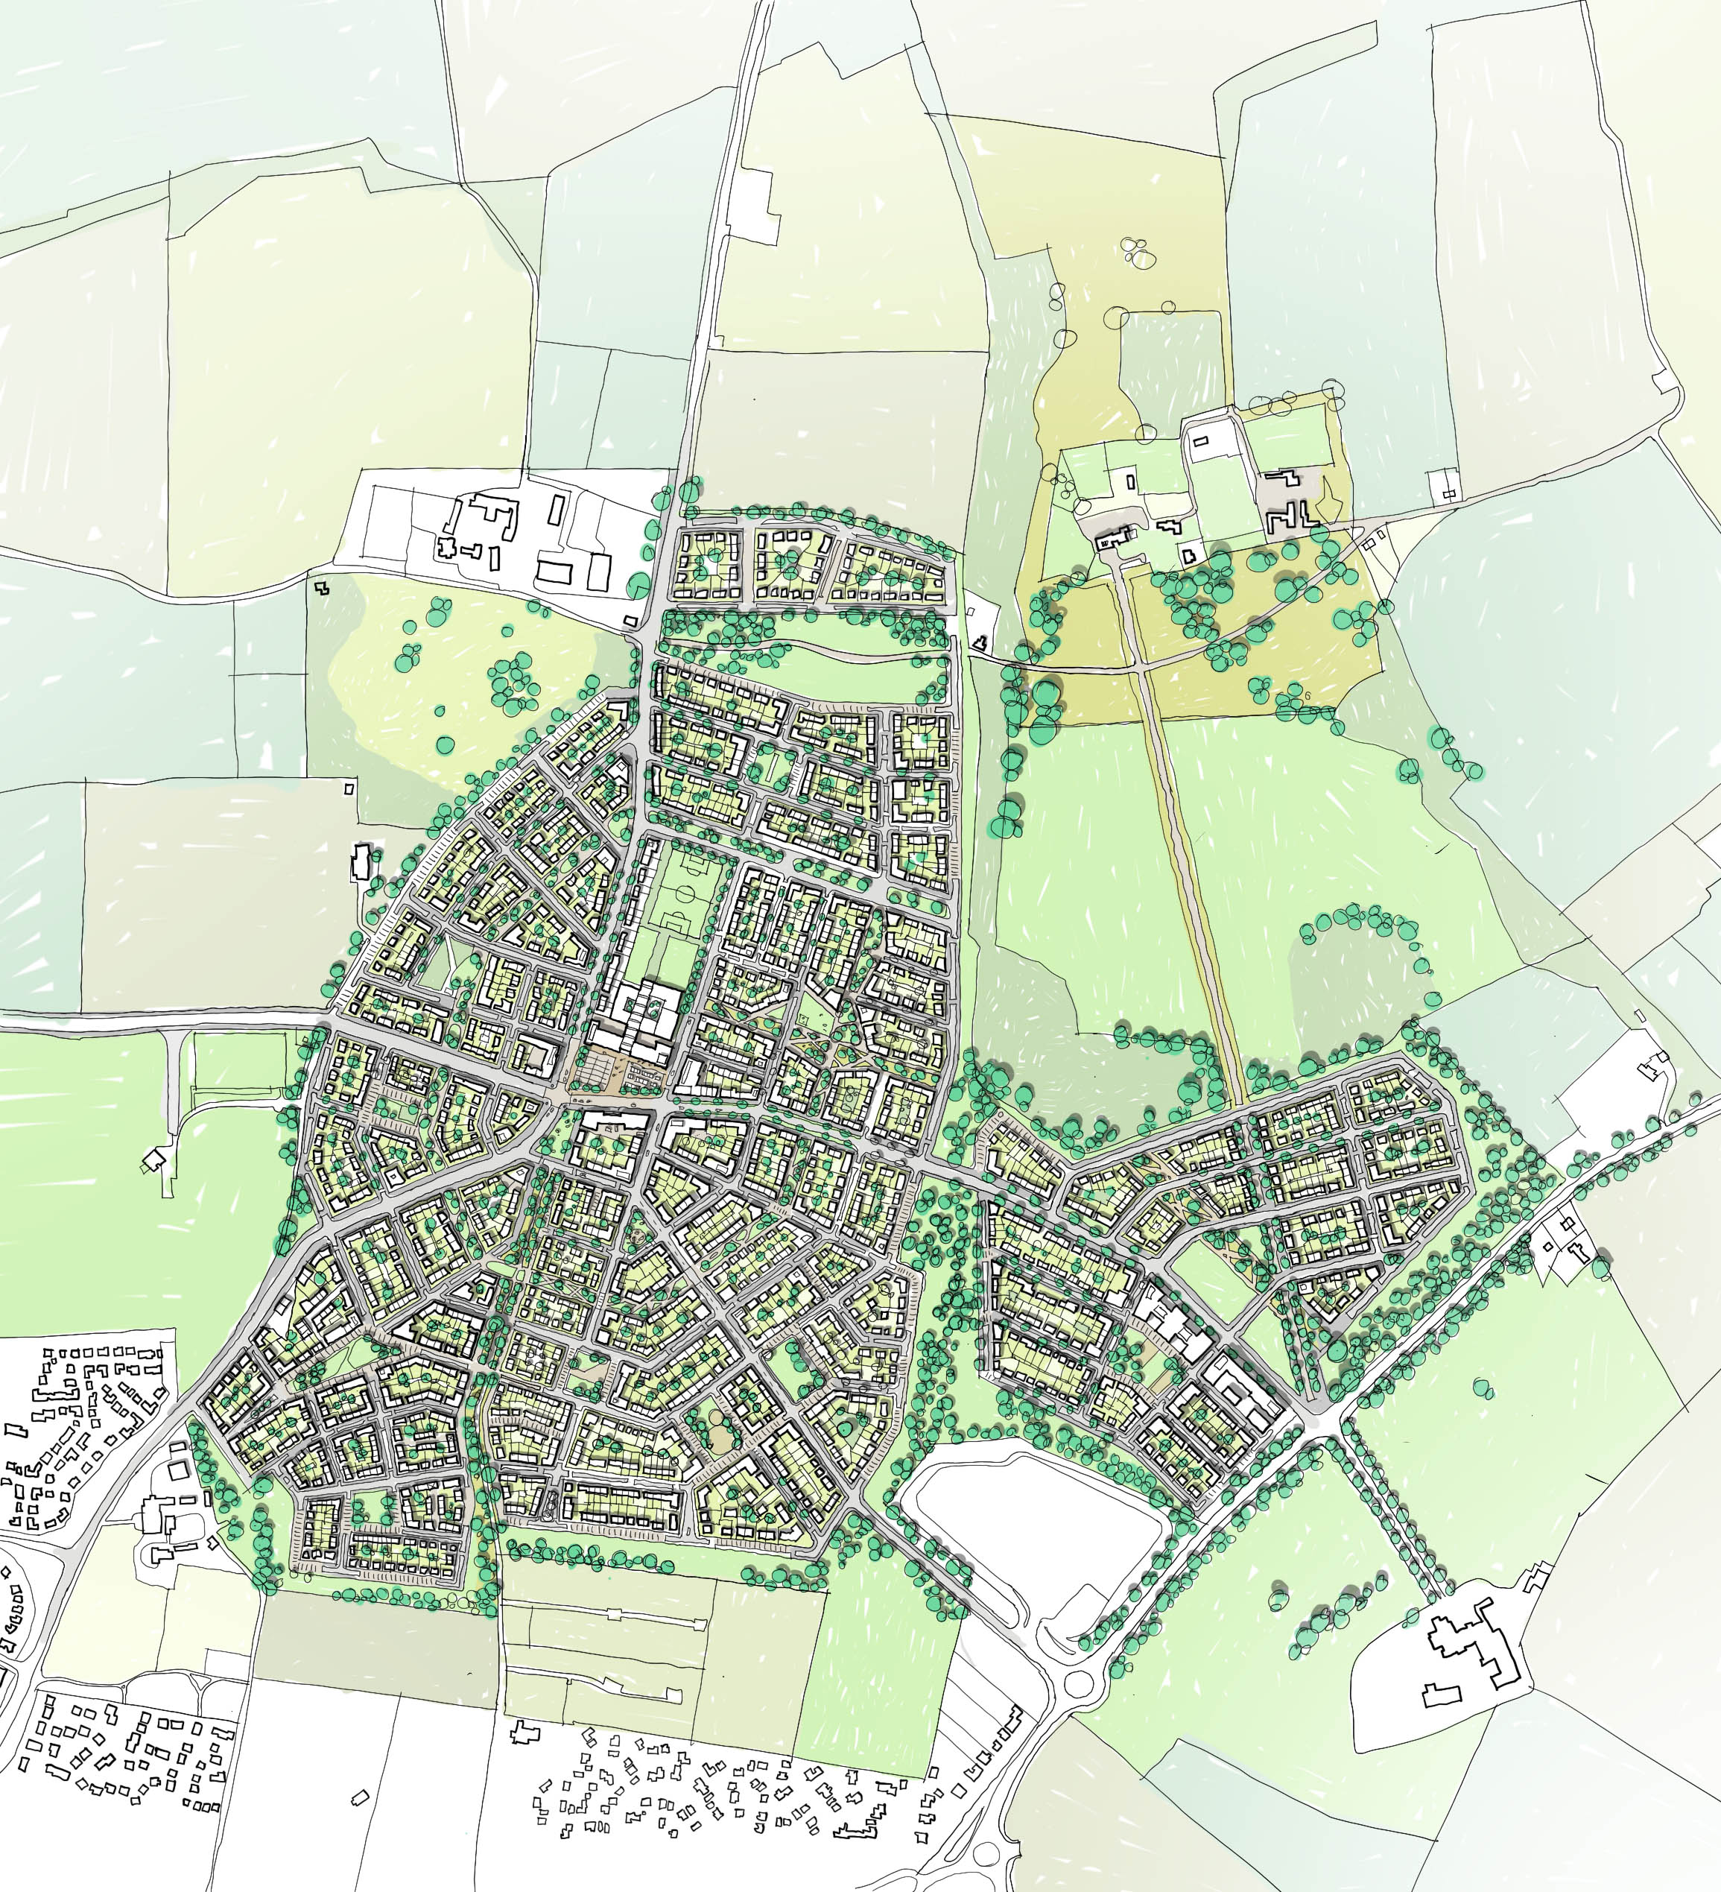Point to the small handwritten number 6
point(1305,695)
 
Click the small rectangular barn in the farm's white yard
point(1204,438)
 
